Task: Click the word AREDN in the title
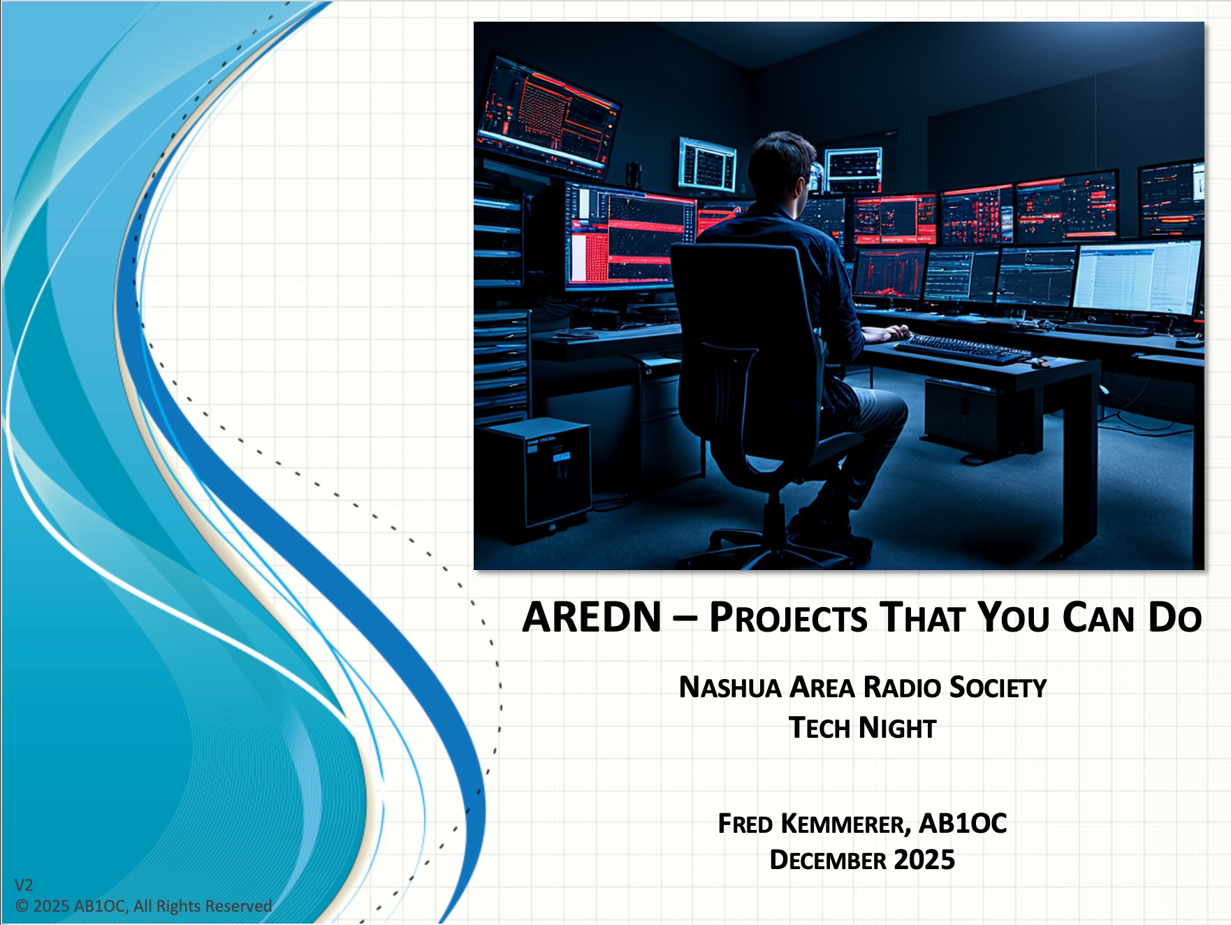(592, 618)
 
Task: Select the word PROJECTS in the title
(788, 618)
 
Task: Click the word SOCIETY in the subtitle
(998, 687)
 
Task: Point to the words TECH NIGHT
(862, 728)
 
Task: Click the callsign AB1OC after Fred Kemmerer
(963, 824)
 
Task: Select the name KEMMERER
(845, 824)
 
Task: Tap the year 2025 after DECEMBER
(924, 860)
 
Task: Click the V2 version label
(24, 885)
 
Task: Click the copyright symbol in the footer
(22, 906)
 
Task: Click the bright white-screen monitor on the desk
(1137, 277)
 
